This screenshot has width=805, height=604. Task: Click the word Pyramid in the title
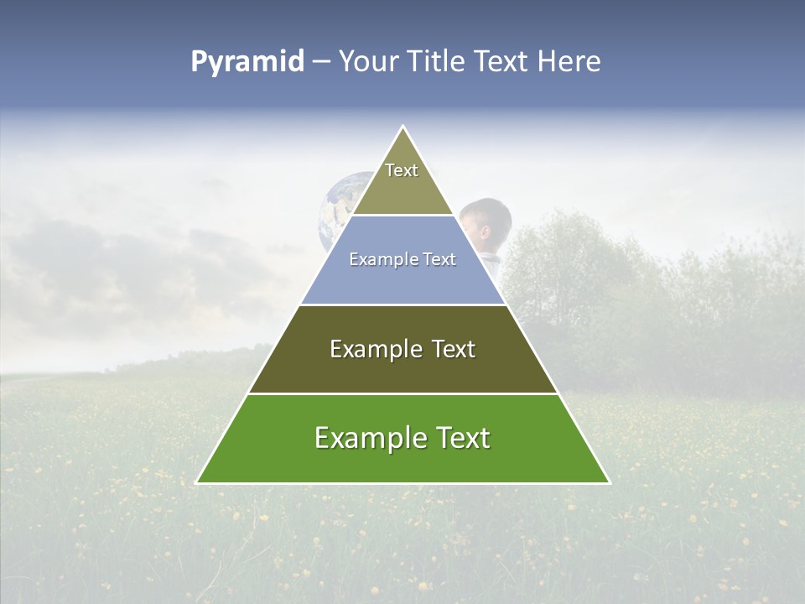247,62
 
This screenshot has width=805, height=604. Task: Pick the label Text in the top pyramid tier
402,170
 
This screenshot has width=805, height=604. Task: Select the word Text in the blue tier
439,260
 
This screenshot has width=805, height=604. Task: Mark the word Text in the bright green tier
464,439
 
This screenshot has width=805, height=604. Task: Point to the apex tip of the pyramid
403,128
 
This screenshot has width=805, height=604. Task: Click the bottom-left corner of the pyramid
198,482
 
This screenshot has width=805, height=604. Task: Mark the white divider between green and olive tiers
403,393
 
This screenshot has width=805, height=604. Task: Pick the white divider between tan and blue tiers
403,216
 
